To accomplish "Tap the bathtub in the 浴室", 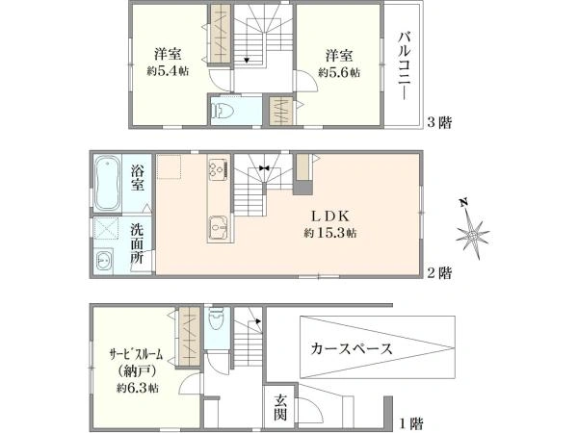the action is coord(108,183).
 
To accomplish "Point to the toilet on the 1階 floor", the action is coord(217,320).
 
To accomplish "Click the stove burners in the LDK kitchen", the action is coord(219,168).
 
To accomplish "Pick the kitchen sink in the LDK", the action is coord(219,228).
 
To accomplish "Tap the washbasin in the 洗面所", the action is coord(105,261).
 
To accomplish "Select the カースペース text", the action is coord(352,348).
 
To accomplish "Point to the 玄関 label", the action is coord(280,408).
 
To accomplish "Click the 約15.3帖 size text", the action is coord(330,233).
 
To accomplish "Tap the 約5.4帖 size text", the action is coord(168,71).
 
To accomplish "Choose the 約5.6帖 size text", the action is coord(339,72).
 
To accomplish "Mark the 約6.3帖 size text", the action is coord(138,388).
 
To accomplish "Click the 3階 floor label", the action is coord(439,122).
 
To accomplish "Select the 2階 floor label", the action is coord(439,273).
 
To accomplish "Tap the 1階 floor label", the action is coord(411,423).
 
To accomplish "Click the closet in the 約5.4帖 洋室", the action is coord(221,34).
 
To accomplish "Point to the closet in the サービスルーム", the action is coord(190,336).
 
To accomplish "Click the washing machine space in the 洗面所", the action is coord(106,228).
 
